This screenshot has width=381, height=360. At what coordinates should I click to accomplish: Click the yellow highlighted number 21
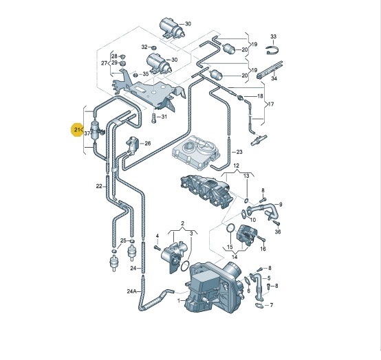pyautogui.click(x=77, y=130)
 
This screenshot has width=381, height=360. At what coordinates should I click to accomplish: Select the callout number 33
pyautogui.click(x=273, y=36)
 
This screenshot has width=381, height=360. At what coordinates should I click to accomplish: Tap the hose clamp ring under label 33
pyautogui.click(x=272, y=50)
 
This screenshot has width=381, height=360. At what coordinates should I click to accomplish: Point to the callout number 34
pyautogui.click(x=274, y=78)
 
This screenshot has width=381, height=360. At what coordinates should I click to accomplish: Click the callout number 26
pyautogui.click(x=148, y=144)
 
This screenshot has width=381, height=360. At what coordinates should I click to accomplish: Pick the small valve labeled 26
pyautogui.click(x=132, y=145)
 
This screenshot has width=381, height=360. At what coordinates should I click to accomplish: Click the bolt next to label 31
pyautogui.click(x=154, y=118)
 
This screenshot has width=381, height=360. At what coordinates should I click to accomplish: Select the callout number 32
pyautogui.click(x=144, y=47)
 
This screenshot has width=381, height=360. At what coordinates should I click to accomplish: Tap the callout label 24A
pyautogui.click(x=131, y=291)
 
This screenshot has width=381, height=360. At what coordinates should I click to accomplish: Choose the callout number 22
pyautogui.click(x=99, y=186)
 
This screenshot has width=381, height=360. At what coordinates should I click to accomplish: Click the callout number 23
pyautogui.click(x=239, y=152)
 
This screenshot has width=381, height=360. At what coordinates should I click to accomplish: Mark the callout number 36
pyautogui.click(x=278, y=232)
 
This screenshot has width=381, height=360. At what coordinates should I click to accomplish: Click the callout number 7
pyautogui.click(x=272, y=305)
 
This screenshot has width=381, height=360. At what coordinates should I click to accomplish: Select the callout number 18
pyautogui.click(x=260, y=96)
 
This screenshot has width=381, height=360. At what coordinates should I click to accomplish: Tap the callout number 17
pyautogui.click(x=271, y=104)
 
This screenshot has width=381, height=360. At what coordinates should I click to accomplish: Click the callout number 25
pyautogui.click(x=123, y=240)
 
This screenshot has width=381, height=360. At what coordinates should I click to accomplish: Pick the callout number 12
pyautogui.click(x=236, y=166)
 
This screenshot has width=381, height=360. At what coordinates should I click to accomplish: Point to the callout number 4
pyautogui.click(x=157, y=236)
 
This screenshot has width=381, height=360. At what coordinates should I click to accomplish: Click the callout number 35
pyautogui.click(x=146, y=74)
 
